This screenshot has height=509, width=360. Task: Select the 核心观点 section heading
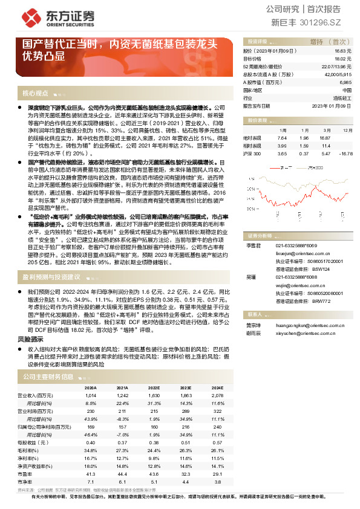pos(35,94)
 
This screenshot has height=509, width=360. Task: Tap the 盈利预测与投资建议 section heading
pos(51,276)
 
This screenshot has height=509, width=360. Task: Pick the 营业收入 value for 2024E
pos(219,394)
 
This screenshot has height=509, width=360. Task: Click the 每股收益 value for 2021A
pos(123,442)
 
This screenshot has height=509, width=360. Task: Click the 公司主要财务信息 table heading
pos(48,377)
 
